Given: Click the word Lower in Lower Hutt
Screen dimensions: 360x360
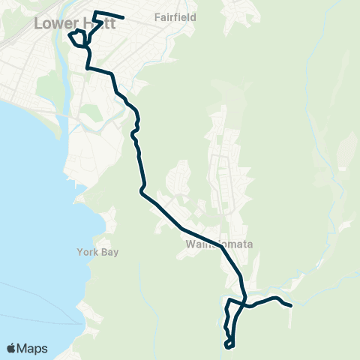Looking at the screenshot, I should pos(52,24).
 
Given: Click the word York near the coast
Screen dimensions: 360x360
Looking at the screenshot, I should pos(87,252).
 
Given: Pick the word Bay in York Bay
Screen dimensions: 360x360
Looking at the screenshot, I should pos(106,252).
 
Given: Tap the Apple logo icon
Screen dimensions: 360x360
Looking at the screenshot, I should pos(11,348).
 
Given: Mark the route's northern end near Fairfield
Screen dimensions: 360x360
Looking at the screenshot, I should pos(123,17).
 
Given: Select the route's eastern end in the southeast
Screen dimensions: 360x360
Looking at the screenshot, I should pos(290,304).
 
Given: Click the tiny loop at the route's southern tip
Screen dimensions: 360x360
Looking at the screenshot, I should pos(229,343).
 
